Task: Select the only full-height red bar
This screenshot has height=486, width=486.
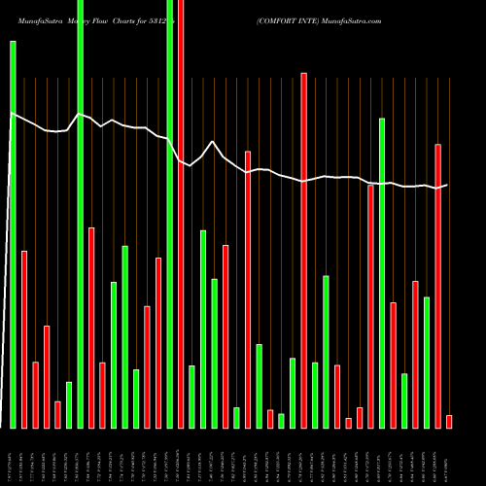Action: tap(181, 214)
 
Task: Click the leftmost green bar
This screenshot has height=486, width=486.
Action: tap(13, 233)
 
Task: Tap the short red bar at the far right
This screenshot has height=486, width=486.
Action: tap(449, 421)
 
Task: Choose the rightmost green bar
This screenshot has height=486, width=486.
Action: tap(427, 362)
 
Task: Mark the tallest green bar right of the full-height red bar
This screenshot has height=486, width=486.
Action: tap(382, 272)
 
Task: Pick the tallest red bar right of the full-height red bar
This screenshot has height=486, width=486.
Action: tap(304, 250)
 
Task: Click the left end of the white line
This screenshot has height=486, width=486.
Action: tap(12, 115)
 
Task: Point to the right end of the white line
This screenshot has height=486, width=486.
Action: tap(447, 185)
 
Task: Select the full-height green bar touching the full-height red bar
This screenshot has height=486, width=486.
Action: tap(170, 214)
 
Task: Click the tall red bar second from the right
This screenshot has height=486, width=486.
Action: tap(437, 286)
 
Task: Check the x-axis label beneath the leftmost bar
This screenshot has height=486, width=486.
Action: tap(13, 457)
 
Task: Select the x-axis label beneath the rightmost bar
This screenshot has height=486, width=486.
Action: tap(449, 457)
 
